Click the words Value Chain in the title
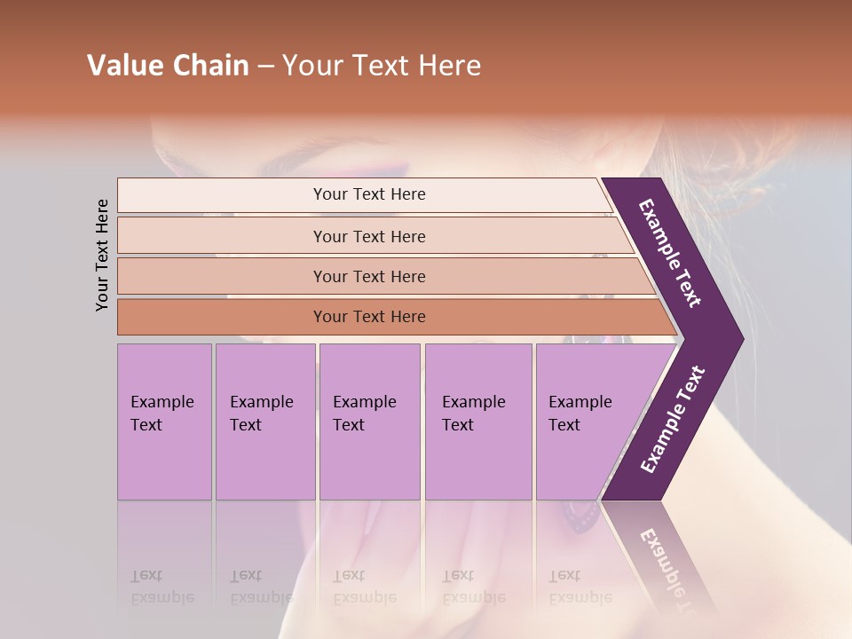coord(168,66)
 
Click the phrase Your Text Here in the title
coord(382,66)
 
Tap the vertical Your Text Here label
coord(102,255)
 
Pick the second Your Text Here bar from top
coord(369,236)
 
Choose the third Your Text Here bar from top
coord(369,276)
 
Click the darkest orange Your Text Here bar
coord(369,317)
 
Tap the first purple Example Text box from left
coord(164,422)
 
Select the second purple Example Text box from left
coord(265,422)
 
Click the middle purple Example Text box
coord(369,422)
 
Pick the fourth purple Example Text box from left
coord(478,422)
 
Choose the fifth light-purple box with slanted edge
coord(586,422)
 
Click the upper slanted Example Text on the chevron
coord(670,253)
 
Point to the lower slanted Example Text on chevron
coord(673,419)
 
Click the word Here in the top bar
coord(409,194)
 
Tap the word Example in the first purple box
coord(162,402)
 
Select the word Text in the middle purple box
coord(349,425)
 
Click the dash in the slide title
coord(265,67)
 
